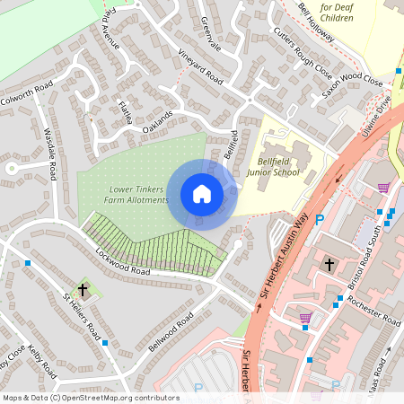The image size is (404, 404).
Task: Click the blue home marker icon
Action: (x=202, y=194)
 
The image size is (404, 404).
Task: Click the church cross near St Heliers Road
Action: (x=83, y=289)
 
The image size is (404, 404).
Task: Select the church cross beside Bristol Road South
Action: (x=329, y=265)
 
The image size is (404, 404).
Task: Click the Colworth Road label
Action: (x=28, y=93)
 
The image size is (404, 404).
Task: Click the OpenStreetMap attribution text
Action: (x=91, y=398)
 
